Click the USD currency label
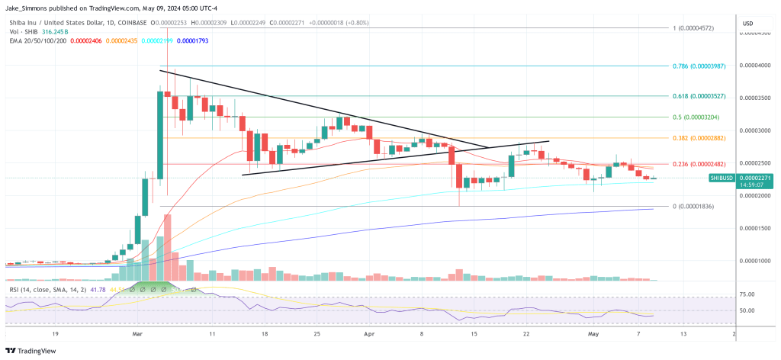point(747,24)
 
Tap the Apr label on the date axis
point(368,334)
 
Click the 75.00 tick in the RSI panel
point(747,294)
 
